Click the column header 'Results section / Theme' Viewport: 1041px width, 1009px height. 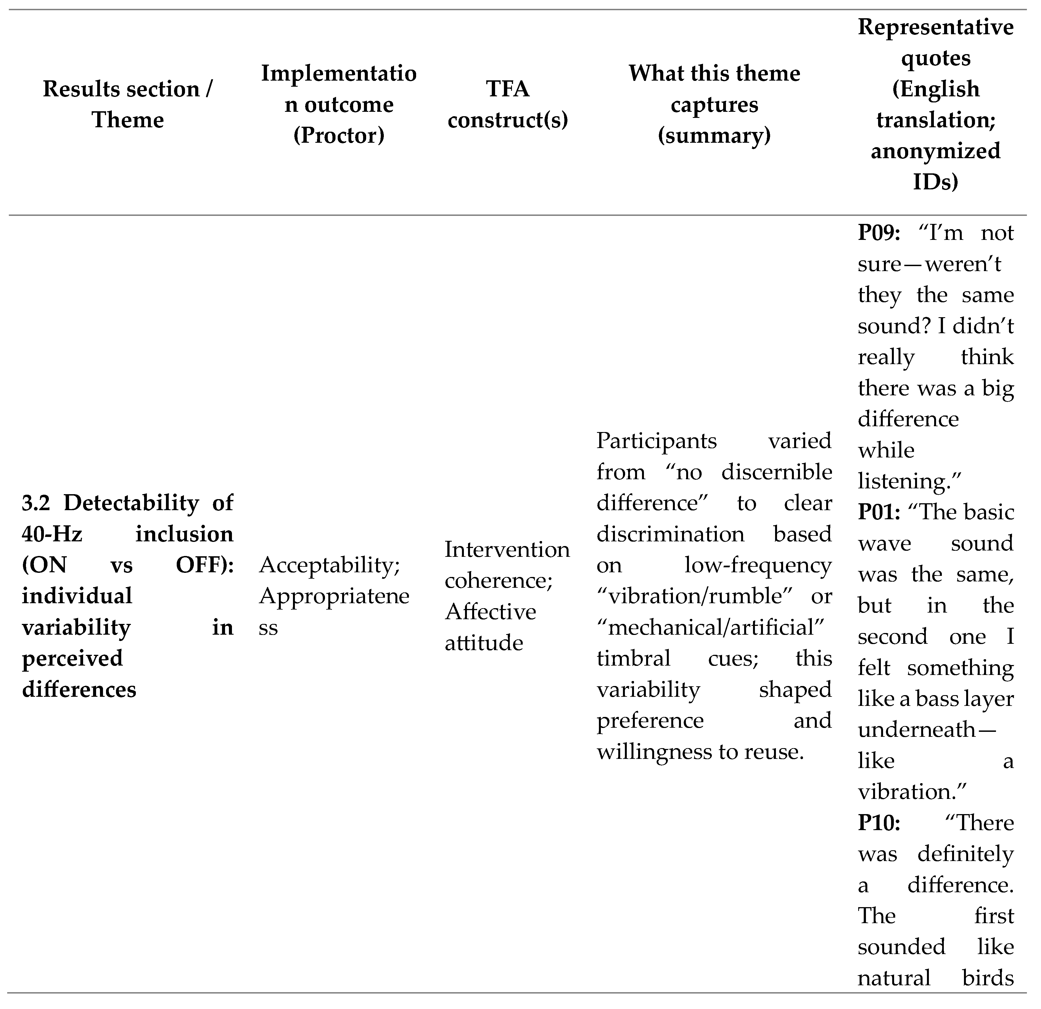pos(128,104)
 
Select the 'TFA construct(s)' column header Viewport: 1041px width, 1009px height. pos(508,104)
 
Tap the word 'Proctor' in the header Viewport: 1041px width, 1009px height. pos(339,136)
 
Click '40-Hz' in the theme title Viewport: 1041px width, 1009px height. pos(52,534)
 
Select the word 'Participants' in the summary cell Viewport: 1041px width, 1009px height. pos(656,441)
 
